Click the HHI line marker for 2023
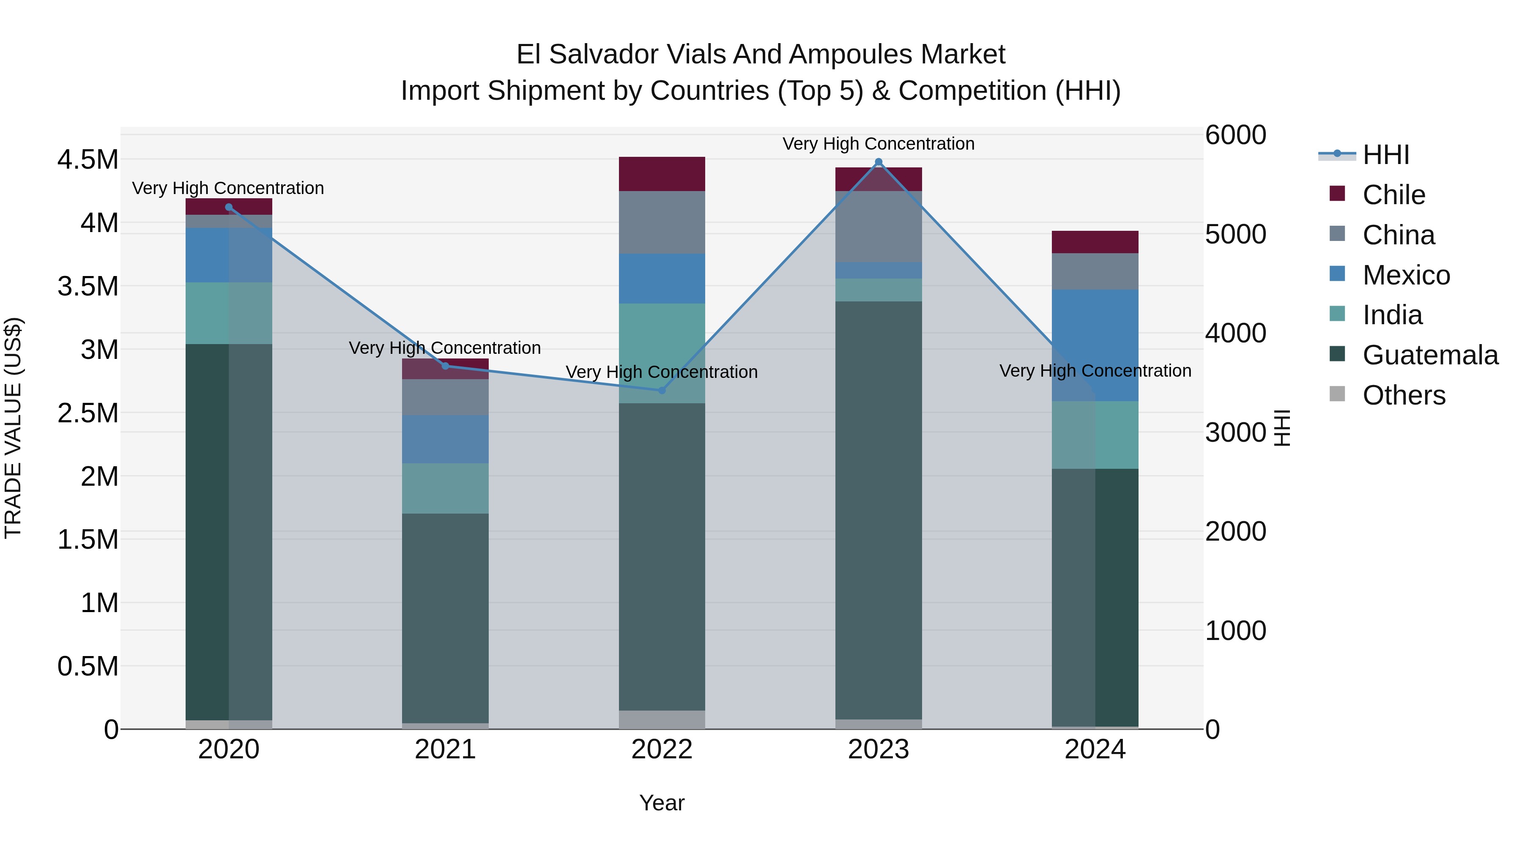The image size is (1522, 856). tap(878, 162)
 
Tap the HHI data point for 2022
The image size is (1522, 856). tap(662, 391)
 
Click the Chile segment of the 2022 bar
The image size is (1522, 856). tap(662, 174)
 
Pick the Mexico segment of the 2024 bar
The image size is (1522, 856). tap(1095, 346)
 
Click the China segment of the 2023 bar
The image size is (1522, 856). tap(878, 227)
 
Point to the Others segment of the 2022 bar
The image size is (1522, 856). tap(662, 719)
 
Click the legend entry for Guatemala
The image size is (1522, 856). tap(1430, 355)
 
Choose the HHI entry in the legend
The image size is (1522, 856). tap(1385, 155)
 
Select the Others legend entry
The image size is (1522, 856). tap(1403, 395)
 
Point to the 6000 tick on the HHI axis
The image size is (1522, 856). tap(1235, 135)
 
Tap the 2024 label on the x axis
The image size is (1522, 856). tap(1095, 749)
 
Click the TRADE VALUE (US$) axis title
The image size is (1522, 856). tap(14, 428)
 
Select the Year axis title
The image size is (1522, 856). tap(662, 803)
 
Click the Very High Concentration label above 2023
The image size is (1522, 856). tap(878, 144)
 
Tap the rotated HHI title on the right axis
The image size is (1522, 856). tap(1282, 428)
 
